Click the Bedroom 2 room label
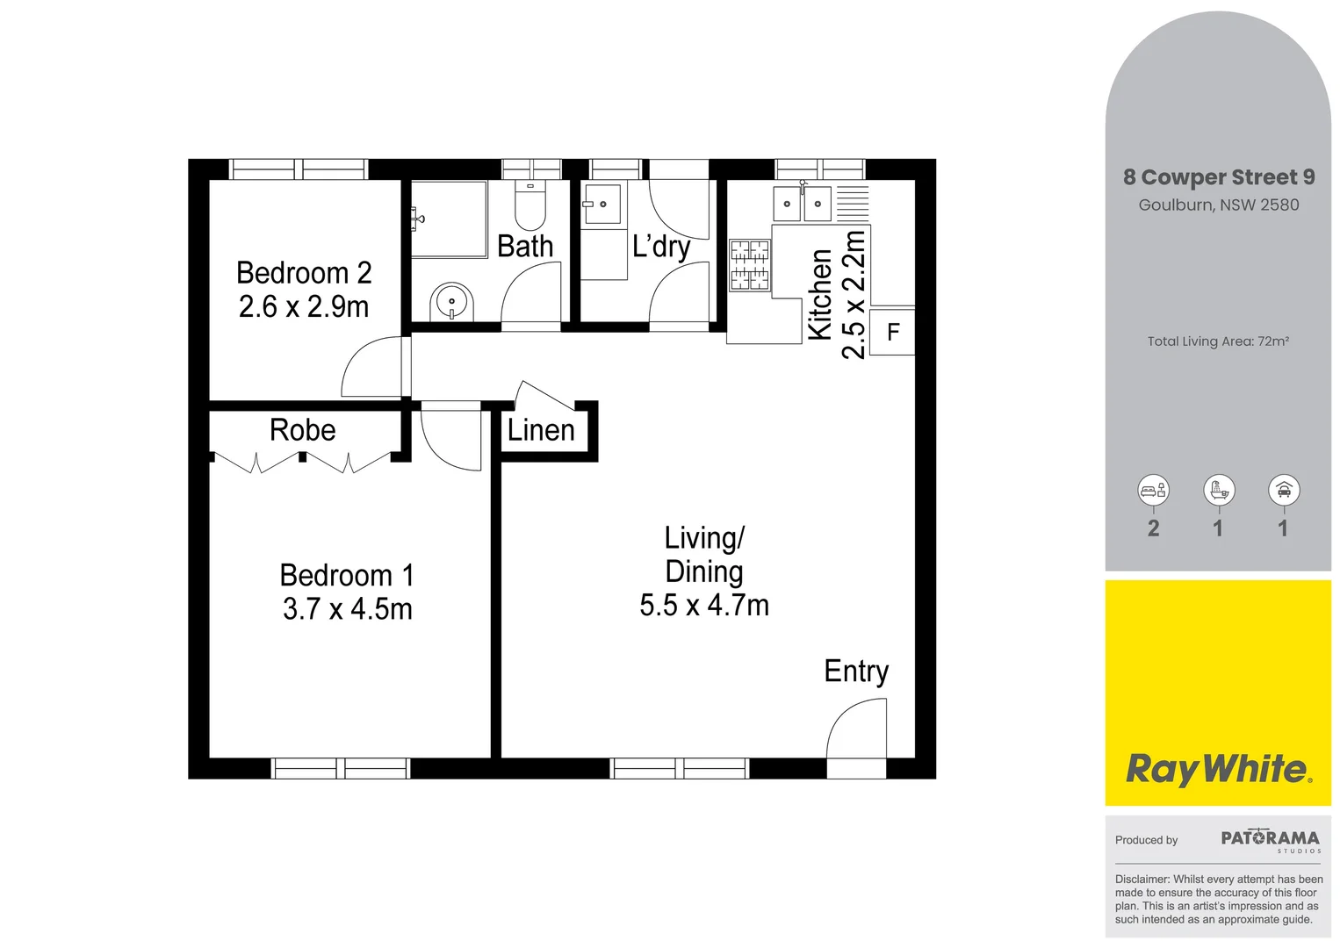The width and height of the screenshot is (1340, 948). tap(304, 273)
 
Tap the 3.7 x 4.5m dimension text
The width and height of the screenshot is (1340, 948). tap(347, 608)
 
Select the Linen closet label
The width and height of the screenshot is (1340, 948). tap(541, 430)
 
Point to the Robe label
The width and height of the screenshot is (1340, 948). tap(302, 430)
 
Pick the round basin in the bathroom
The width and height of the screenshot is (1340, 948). tap(451, 302)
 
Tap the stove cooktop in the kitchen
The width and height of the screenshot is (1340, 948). tap(750, 265)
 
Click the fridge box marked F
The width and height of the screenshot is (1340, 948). tap(893, 333)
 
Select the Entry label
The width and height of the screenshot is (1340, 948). tap(856, 671)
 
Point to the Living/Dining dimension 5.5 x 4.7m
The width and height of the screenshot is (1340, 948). tap(704, 606)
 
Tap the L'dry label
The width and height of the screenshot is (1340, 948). tap(661, 247)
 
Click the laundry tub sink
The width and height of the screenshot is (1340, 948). tap(602, 205)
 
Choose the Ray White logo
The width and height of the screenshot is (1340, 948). tap(1218, 769)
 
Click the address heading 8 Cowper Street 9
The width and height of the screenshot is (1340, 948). tap(1219, 177)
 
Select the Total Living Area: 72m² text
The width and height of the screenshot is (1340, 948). tap(1218, 341)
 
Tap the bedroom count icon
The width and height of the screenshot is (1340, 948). tap(1153, 491)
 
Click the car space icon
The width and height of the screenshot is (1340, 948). tap(1284, 491)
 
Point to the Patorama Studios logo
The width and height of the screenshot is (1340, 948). tap(1270, 840)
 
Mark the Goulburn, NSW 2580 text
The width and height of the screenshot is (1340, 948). tap(1219, 205)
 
